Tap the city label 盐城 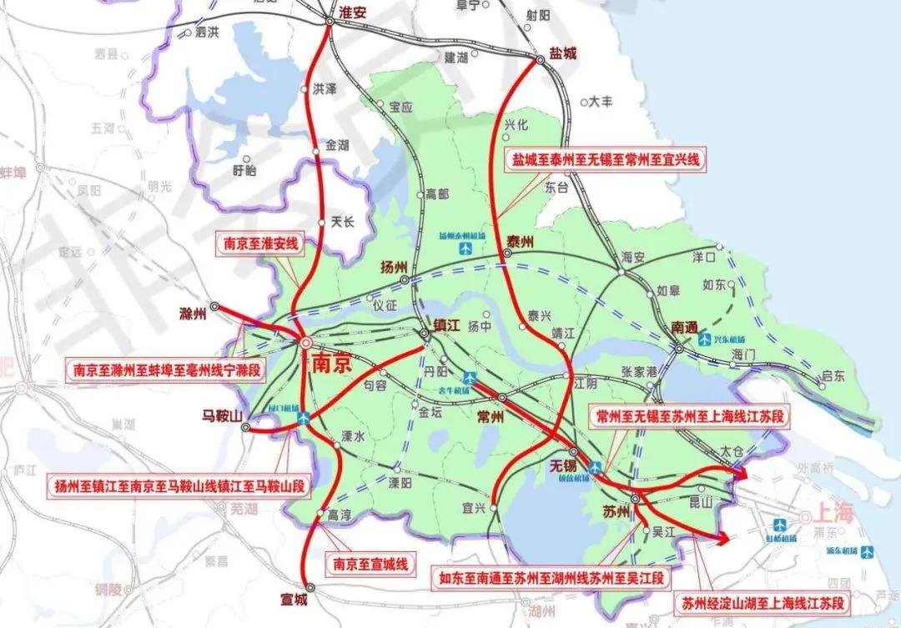pos(562,53)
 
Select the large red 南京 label pos(332,364)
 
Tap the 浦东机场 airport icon pos(868,551)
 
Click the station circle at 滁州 pos(214,307)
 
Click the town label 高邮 pos(437,193)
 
